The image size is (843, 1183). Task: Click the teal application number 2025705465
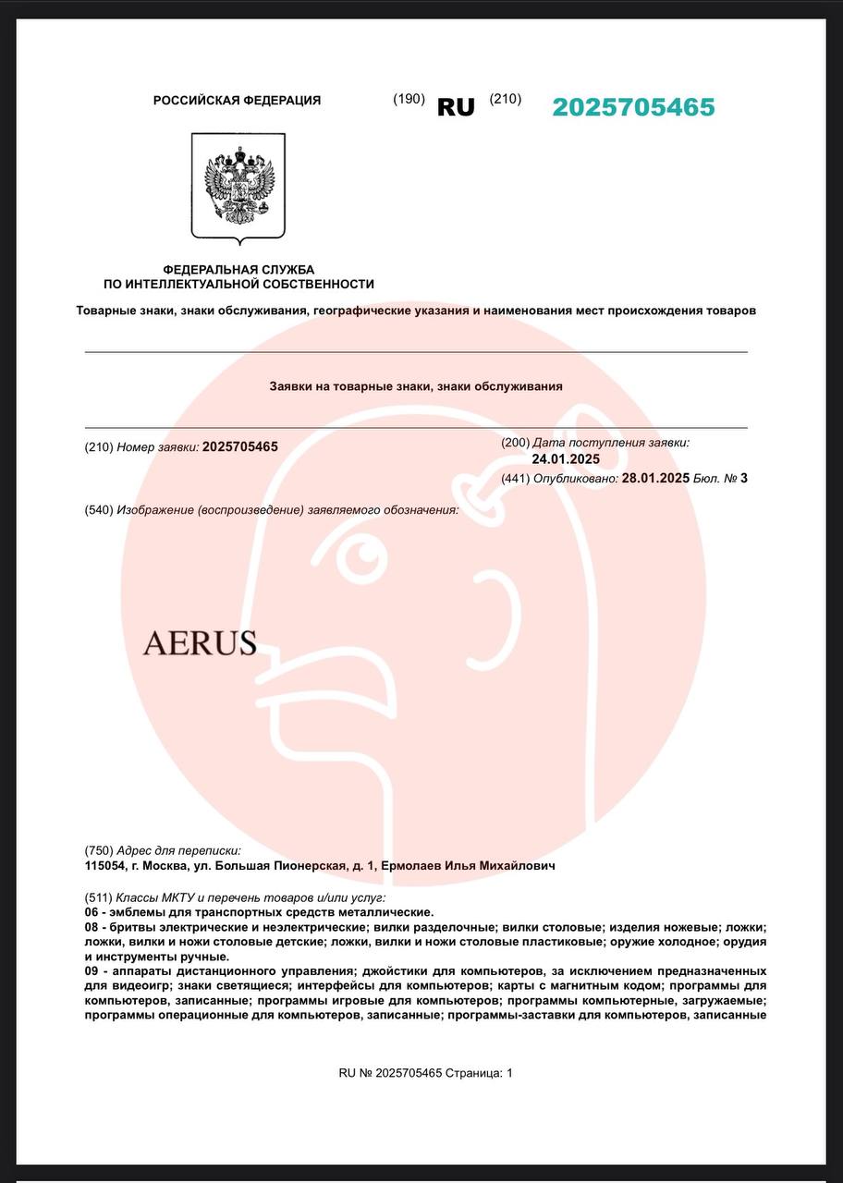(633, 108)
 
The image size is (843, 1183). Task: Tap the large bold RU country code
(456, 107)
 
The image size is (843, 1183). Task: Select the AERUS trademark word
(200, 642)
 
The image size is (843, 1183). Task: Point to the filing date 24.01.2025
(566, 459)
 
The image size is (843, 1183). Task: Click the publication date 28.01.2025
(655, 478)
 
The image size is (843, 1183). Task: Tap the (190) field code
(409, 99)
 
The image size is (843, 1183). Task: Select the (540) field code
(98, 510)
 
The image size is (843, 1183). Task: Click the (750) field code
(98, 850)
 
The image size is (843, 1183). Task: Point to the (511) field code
(98, 897)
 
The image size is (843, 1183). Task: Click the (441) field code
(515, 478)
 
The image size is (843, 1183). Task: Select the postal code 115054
(104, 866)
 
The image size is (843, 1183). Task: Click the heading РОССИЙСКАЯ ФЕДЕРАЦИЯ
(237, 101)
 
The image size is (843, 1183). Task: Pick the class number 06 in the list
(92, 912)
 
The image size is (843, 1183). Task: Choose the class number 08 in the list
(92, 927)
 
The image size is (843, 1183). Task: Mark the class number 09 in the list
(92, 971)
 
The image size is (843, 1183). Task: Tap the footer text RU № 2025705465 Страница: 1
(425, 1073)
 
